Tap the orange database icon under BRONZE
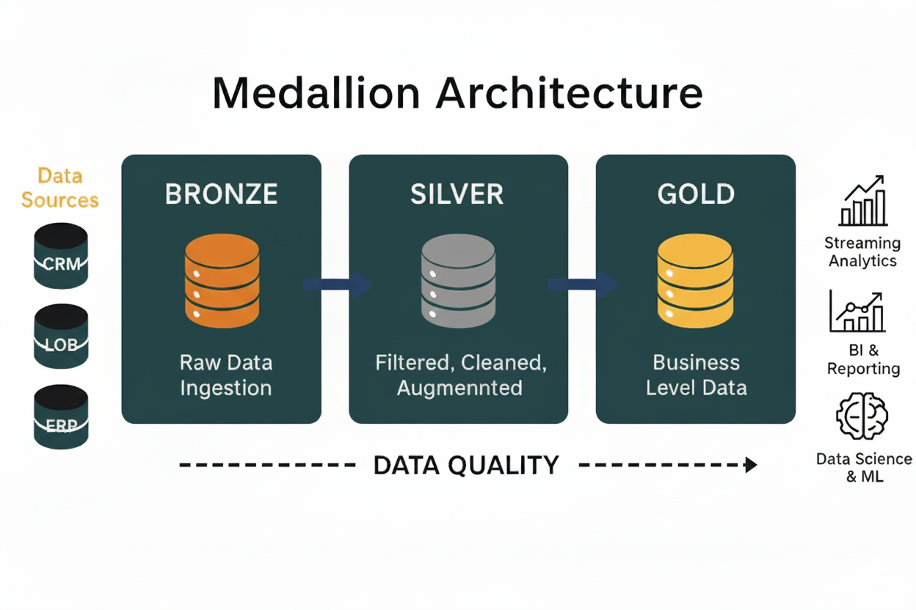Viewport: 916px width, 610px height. [x=222, y=281]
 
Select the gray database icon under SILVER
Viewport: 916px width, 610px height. [x=458, y=281]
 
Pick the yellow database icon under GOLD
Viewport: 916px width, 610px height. [x=695, y=281]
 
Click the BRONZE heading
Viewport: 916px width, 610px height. [x=222, y=194]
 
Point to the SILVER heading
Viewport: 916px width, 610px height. [x=457, y=194]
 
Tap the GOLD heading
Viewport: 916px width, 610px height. [x=696, y=194]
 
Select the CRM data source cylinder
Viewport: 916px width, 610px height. [x=61, y=256]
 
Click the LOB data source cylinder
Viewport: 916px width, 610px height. [x=61, y=337]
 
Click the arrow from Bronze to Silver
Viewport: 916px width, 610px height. [x=338, y=284]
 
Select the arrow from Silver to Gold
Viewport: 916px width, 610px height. [x=583, y=284]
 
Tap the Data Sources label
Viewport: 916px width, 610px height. [x=59, y=188]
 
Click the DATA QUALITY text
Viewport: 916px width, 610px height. [x=466, y=465]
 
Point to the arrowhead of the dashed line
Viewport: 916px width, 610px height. [x=750, y=465]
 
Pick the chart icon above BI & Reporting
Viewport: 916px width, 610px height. [x=857, y=311]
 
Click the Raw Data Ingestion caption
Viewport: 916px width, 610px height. [x=226, y=375]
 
